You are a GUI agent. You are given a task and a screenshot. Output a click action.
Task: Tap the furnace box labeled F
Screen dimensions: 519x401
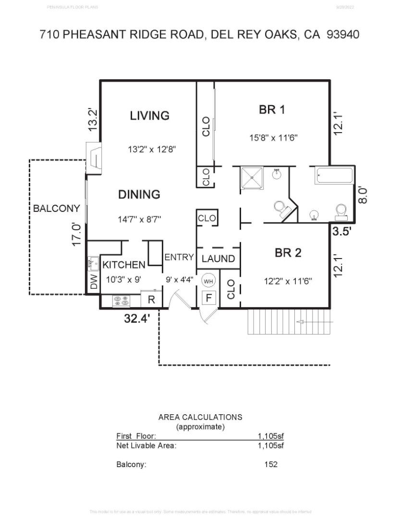click(x=208, y=298)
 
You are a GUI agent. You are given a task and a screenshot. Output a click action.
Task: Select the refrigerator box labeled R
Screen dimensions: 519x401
click(x=151, y=299)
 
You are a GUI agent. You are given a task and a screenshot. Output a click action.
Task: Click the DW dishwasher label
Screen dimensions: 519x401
click(x=94, y=282)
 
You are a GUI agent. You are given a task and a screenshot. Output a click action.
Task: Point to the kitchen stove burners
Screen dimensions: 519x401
click(x=121, y=301)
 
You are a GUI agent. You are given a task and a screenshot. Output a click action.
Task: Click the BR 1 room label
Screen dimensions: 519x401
click(x=272, y=110)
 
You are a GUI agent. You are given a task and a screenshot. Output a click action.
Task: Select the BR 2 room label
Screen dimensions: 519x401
click(x=288, y=253)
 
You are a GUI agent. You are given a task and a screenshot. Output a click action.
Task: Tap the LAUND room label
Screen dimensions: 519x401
click(x=218, y=259)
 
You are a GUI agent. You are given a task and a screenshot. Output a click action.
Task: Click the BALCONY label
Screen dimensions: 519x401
click(x=56, y=209)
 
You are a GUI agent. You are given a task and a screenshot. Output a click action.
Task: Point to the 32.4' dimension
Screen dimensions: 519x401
click(x=137, y=318)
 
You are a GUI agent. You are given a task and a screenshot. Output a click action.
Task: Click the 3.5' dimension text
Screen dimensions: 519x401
click(x=342, y=231)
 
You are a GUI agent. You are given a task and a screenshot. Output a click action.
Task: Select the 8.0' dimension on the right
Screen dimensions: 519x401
click(x=364, y=195)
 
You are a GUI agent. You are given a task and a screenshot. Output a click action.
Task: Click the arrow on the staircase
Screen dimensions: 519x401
click(x=304, y=321)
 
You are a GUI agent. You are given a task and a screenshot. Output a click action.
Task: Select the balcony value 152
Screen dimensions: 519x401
click(x=271, y=465)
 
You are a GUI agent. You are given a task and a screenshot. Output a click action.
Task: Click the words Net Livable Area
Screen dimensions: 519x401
click(x=146, y=445)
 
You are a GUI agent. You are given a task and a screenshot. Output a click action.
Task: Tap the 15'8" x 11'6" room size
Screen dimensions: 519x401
click(x=273, y=137)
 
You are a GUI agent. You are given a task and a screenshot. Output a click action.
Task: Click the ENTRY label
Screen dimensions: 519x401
click(x=179, y=258)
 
